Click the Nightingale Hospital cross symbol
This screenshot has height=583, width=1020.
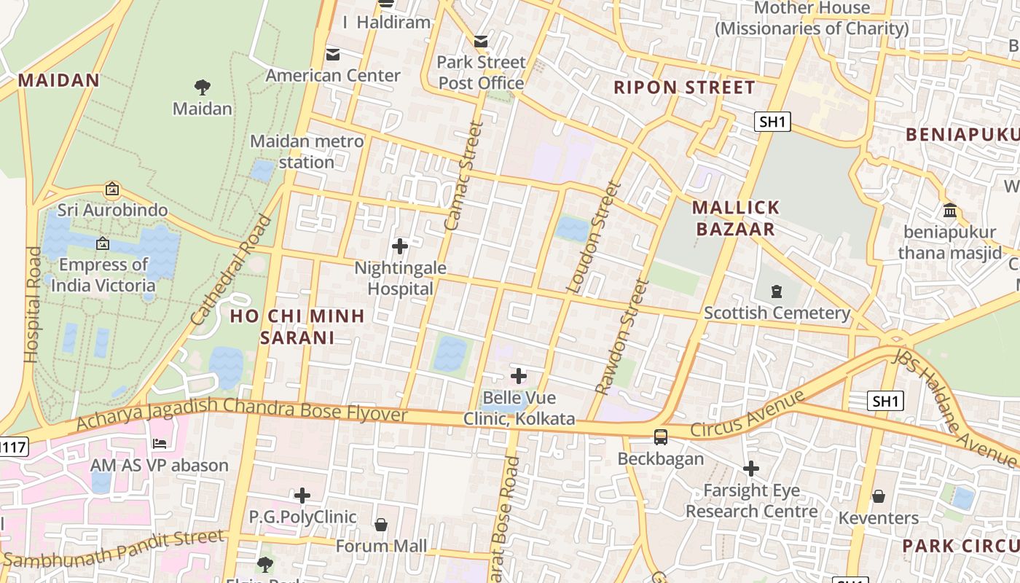click(400, 246)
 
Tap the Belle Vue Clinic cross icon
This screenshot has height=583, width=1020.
click(519, 376)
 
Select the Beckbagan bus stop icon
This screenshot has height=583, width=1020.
click(661, 437)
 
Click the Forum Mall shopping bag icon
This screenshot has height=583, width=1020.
click(380, 525)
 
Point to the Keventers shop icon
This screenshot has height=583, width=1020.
click(879, 496)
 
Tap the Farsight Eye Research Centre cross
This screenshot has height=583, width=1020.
click(751, 469)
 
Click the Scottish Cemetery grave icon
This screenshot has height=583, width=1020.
click(777, 292)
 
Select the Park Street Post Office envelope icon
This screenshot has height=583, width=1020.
click(481, 42)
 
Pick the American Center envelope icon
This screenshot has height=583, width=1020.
click(333, 54)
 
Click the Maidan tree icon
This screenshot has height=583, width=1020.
click(203, 87)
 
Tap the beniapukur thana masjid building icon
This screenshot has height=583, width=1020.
click(950, 211)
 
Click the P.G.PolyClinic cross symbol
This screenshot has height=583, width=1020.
click(302, 496)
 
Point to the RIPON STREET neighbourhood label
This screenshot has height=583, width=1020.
click(684, 88)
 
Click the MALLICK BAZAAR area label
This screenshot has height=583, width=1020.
click(736, 219)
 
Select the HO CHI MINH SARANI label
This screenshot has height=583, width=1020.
click(297, 326)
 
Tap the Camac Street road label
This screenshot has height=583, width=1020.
click(464, 176)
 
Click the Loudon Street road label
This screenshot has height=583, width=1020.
click(595, 237)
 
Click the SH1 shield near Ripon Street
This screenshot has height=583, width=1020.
click(772, 122)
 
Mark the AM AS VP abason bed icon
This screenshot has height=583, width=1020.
click(160, 443)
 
